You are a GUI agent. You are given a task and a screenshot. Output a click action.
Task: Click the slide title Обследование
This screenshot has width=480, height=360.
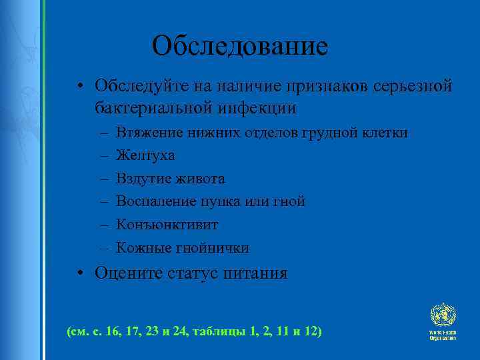[x=239, y=46]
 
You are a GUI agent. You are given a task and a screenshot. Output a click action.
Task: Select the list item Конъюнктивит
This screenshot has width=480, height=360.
[x=167, y=225]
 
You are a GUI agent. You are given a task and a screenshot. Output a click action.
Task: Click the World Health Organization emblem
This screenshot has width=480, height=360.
[x=442, y=314]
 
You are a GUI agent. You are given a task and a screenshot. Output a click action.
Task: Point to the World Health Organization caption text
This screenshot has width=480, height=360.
[x=442, y=335]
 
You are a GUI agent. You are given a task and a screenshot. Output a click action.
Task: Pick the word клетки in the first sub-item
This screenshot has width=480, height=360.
[x=386, y=133]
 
